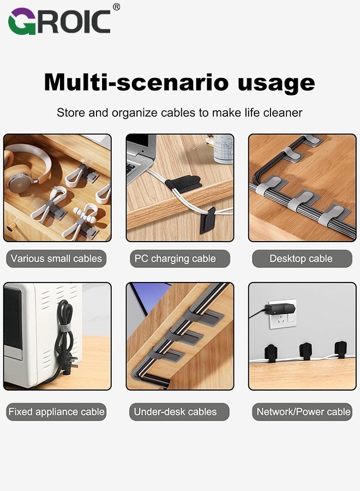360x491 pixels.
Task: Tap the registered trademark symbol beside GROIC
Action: [116, 7]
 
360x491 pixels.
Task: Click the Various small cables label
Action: [56, 259]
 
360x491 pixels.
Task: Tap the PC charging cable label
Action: [175, 259]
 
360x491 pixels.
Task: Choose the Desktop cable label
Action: [301, 259]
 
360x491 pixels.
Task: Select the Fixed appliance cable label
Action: [56, 412]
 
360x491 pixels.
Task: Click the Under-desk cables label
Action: [175, 412]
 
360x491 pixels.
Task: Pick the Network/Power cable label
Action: [303, 412]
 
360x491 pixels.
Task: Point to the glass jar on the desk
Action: [223, 148]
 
